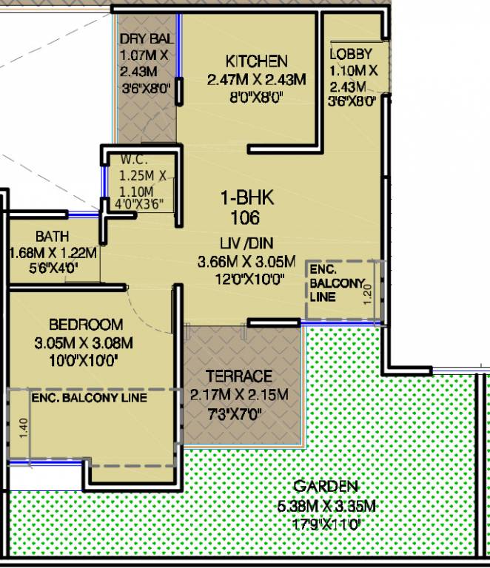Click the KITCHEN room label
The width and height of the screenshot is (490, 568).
click(x=257, y=61)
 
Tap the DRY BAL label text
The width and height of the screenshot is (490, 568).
click(x=147, y=38)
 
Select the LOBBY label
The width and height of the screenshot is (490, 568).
click(x=351, y=54)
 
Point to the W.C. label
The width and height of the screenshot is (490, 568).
click(x=134, y=160)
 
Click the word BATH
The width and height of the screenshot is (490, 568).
click(x=53, y=237)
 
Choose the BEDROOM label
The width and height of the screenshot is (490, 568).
click(x=86, y=324)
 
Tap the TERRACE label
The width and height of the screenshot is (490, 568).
click(x=239, y=376)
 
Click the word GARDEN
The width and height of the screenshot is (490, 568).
click(x=326, y=486)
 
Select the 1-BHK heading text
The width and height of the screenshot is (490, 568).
click(x=247, y=198)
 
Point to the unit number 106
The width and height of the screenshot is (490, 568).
click(x=245, y=217)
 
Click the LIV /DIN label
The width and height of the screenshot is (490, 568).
click(x=246, y=243)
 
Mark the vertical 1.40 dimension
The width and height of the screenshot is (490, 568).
click(x=23, y=427)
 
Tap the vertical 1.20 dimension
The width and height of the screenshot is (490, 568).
click(x=367, y=294)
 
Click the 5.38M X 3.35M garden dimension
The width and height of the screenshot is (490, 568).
click(x=326, y=506)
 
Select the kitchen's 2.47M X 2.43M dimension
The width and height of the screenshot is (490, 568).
click(x=257, y=79)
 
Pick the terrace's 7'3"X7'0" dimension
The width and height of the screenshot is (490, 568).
click(x=235, y=413)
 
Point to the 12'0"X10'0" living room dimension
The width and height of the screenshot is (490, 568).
click(x=249, y=280)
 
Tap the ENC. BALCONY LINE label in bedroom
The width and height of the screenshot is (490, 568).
click(x=89, y=398)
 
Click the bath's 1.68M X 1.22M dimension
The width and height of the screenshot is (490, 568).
click(x=53, y=253)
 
